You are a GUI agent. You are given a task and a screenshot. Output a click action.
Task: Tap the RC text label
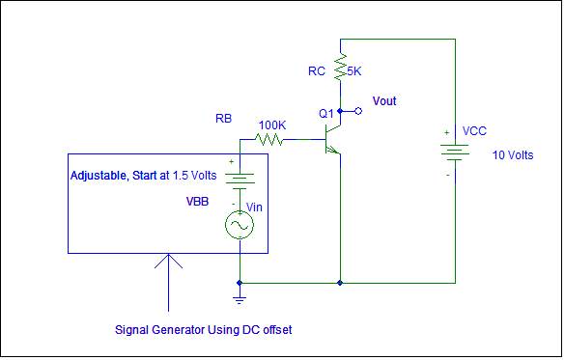tap(317, 71)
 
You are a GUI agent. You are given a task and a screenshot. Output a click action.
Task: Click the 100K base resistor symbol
tap(270, 140)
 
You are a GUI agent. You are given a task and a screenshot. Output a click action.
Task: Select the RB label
tap(224, 120)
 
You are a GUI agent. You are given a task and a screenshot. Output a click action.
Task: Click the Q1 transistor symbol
tap(334, 140)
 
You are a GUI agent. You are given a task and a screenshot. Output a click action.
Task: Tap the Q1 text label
tap(325, 114)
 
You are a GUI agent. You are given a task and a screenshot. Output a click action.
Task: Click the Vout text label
tap(383, 101)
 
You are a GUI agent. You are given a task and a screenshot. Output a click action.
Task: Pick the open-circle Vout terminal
tap(359, 111)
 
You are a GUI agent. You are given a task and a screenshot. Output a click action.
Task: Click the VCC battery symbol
tap(454, 153)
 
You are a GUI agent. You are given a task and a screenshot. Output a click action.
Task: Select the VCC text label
tap(474, 130)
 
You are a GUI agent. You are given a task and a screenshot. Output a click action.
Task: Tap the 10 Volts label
tap(513, 155)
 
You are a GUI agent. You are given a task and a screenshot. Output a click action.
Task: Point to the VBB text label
tap(196, 204)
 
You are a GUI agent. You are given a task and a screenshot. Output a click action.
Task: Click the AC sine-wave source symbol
tap(239, 226)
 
